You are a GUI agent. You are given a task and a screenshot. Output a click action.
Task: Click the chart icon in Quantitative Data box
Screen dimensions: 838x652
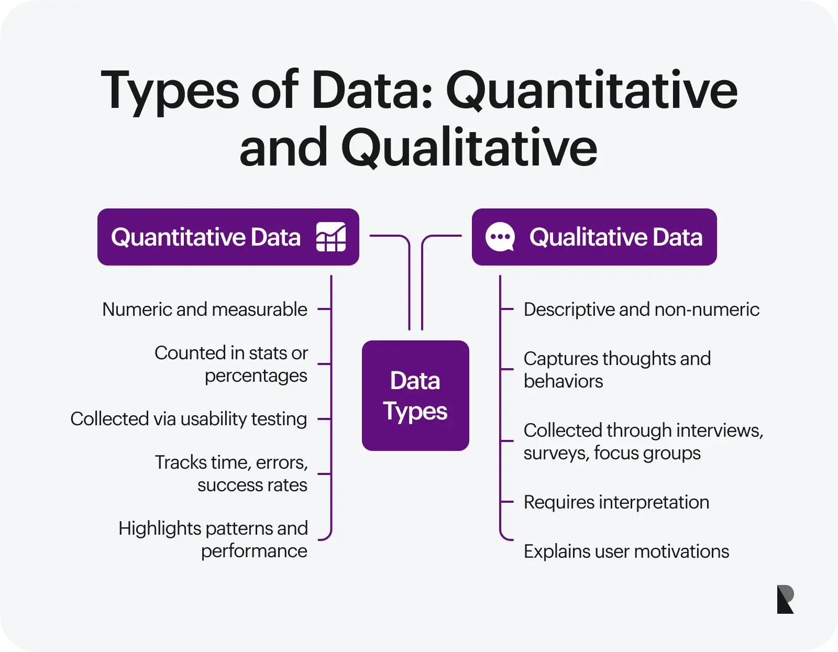(330, 237)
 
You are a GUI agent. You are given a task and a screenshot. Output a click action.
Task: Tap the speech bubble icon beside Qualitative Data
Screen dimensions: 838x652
(500, 237)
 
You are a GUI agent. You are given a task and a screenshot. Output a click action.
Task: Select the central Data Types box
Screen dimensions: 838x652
(415, 395)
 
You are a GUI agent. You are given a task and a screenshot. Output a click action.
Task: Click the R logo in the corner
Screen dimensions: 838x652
(785, 599)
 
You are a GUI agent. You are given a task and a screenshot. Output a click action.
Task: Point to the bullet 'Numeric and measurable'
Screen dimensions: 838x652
(205, 309)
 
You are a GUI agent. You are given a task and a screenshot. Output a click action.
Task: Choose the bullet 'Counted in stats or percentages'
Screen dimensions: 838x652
(231, 364)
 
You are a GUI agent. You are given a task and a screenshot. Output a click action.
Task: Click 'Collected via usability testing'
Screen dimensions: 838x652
(189, 419)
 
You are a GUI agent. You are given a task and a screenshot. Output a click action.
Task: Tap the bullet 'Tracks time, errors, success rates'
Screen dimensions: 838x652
(231, 473)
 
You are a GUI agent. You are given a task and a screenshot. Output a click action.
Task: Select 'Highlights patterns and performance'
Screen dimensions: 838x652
(213, 539)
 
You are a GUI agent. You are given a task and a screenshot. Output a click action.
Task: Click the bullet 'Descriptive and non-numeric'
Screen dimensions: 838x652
(641, 309)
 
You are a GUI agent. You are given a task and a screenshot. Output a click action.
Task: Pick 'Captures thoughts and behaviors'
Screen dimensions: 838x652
(617, 370)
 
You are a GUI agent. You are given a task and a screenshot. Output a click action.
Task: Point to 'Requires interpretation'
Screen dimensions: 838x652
(616, 502)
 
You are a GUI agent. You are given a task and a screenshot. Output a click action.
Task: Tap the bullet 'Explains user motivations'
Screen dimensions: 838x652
(626, 551)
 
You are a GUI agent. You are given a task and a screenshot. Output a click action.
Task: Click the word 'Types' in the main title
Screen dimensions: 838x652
(170, 92)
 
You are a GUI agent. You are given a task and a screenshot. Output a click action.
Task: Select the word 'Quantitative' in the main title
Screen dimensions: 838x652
(591, 90)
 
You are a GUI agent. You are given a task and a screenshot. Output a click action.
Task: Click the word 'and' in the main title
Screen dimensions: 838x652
(283, 147)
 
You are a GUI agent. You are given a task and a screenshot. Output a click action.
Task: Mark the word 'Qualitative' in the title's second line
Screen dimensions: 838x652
(469, 147)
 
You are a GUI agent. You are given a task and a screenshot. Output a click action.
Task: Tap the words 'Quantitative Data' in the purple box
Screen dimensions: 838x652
(205, 237)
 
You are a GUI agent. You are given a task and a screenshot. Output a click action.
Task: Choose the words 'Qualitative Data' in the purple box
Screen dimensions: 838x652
(615, 237)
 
